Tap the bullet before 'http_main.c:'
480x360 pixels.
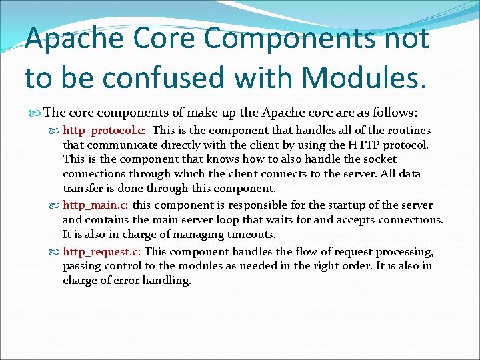pyautogui.click(x=55, y=205)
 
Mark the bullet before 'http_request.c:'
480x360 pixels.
pyautogui.click(x=55, y=251)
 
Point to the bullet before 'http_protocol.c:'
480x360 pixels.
pyautogui.click(x=55, y=130)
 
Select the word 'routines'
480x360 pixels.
pyautogui.click(x=407, y=130)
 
